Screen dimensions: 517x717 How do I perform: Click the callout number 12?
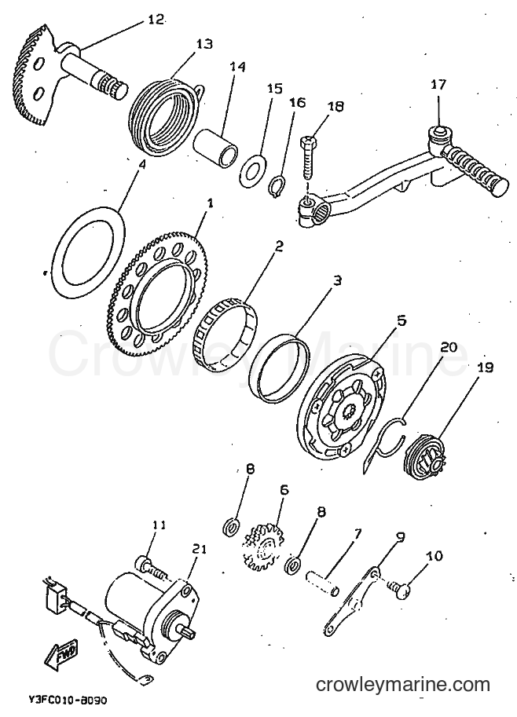pos(156,20)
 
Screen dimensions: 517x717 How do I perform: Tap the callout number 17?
pos(438,85)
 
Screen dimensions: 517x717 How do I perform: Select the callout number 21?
pos(199,549)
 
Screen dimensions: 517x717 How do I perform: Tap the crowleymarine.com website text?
pos(403,685)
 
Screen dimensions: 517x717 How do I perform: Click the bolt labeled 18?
pos(308,158)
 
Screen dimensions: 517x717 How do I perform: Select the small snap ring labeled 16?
pos(276,188)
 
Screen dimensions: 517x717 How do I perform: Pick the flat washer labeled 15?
pos(251,171)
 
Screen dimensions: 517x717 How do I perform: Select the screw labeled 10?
pos(398,589)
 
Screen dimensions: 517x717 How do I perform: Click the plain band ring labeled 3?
pos(280,369)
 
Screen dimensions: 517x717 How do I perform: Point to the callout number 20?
pos(448,347)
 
